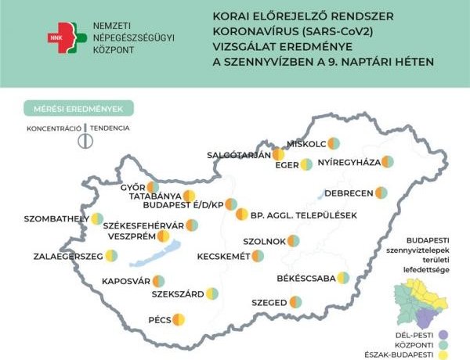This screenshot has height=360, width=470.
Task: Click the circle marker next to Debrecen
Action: click(x=381, y=193)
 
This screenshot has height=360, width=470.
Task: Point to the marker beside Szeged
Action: click(x=295, y=301)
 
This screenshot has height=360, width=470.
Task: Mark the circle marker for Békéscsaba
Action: click(x=343, y=277)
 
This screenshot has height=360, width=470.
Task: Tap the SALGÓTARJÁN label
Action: click(x=237, y=154)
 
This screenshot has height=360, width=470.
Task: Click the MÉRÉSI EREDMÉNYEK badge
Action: click(x=78, y=108)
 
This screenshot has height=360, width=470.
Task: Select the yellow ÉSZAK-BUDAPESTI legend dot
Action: click(x=443, y=355)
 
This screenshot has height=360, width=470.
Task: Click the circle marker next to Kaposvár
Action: click(x=158, y=281)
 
